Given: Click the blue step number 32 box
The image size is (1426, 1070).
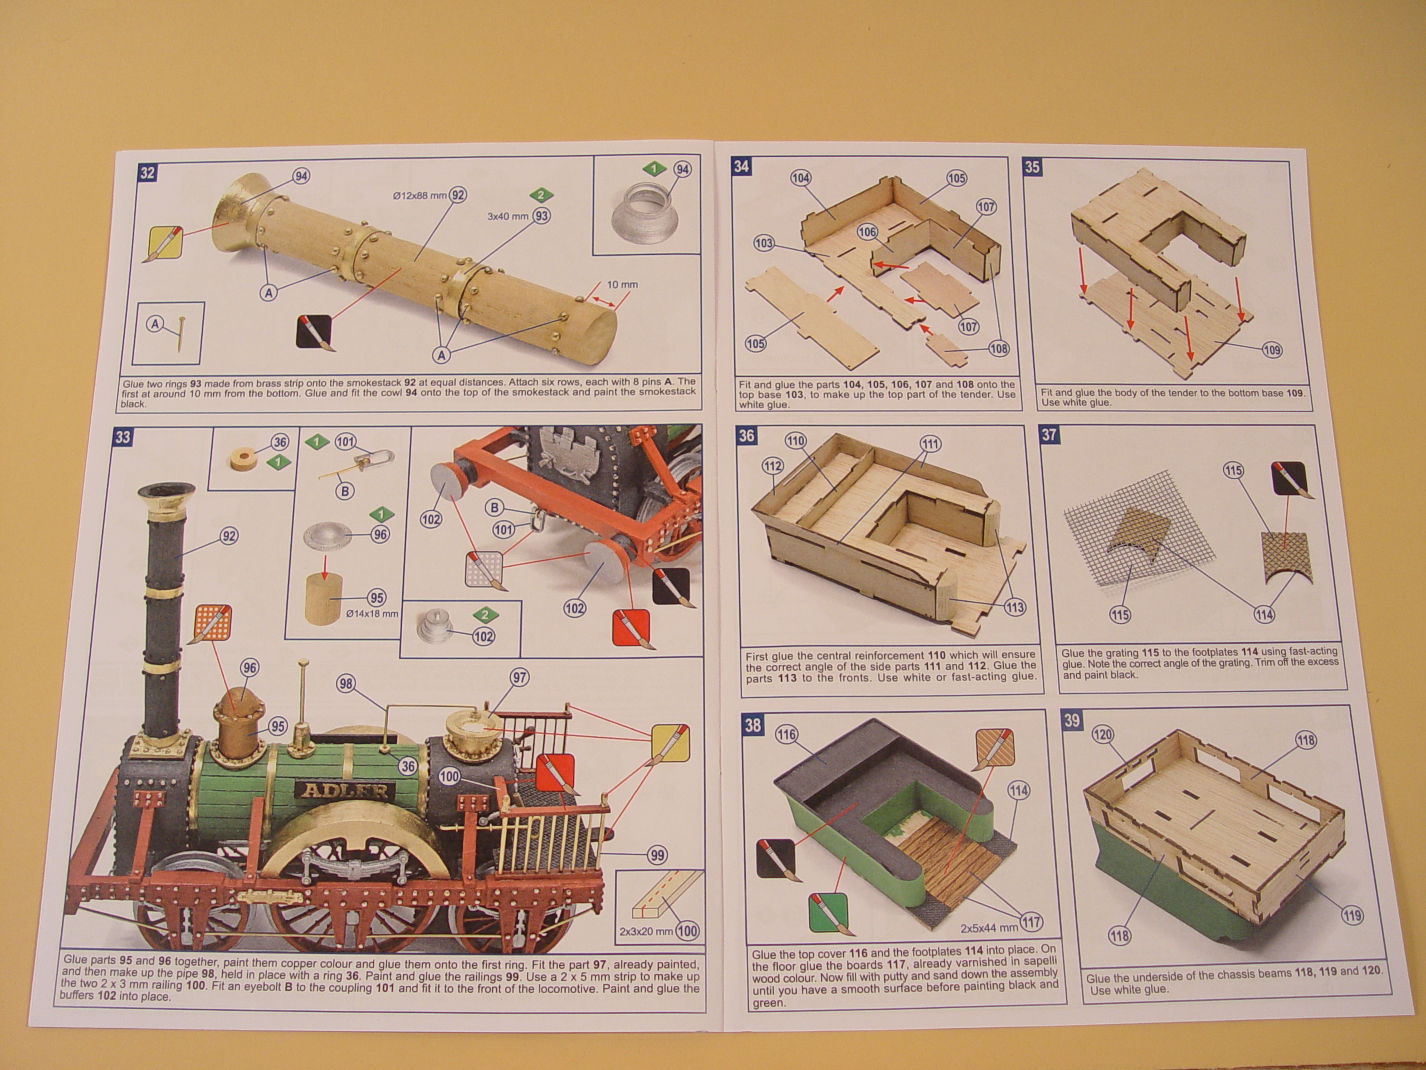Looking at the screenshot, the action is click(148, 172).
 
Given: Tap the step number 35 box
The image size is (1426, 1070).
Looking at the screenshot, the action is click(1032, 167).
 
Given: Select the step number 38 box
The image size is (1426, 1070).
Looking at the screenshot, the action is click(753, 724).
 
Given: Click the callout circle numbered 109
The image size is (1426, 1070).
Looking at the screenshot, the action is click(1272, 350).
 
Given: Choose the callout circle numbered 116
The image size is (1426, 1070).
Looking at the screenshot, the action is click(787, 735).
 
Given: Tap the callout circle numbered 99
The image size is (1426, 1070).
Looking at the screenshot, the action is click(657, 855).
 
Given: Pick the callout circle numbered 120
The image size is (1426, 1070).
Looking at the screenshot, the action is click(1103, 735).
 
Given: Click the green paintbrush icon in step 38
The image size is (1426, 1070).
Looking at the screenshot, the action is click(829, 914).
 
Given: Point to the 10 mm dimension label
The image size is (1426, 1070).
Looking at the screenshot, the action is click(622, 284).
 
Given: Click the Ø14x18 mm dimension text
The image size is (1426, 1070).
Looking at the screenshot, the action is click(372, 614).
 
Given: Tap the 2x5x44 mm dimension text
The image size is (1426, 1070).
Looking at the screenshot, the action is click(989, 928).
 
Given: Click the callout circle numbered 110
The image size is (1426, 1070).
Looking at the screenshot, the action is click(795, 442).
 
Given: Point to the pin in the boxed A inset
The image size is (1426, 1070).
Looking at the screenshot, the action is click(181, 333).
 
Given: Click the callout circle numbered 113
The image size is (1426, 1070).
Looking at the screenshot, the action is click(1015, 607).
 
